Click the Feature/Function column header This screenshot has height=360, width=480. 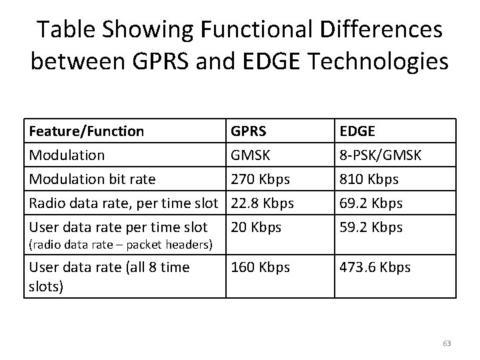pyautogui.click(x=86, y=131)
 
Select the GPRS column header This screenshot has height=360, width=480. pyautogui.click(x=249, y=131)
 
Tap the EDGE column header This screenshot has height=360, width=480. pyautogui.click(x=358, y=131)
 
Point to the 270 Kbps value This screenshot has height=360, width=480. pyautogui.click(x=259, y=179)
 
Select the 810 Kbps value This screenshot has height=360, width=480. pyautogui.click(x=369, y=179)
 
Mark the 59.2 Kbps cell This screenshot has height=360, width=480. pyautogui.click(x=371, y=227)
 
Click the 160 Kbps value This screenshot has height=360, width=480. pyautogui.click(x=260, y=268)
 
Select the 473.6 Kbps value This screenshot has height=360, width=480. pyautogui.click(x=375, y=268)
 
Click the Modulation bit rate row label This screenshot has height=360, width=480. pyautogui.click(x=91, y=179)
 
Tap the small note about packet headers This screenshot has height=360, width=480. pyautogui.click(x=120, y=245)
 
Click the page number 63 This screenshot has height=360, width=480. pyautogui.click(x=447, y=343)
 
